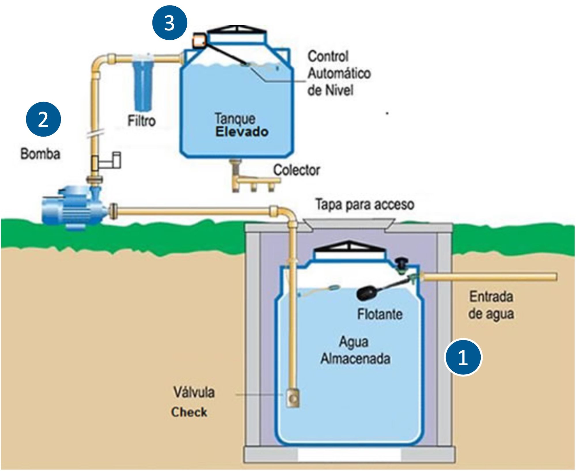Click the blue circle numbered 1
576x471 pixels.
point(463,358)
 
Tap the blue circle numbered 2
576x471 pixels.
point(43,119)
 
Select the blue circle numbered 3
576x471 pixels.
point(170,23)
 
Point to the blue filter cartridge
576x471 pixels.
point(142,83)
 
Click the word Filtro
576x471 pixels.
point(141,121)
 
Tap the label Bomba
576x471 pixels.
point(40,154)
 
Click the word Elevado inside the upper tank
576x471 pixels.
point(242,132)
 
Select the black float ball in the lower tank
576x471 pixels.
point(366,293)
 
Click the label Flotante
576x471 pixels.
point(380,314)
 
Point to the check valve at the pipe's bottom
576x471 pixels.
point(293,398)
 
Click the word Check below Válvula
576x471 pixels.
point(189,412)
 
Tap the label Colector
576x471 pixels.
point(296,170)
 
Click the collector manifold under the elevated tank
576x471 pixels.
point(253,181)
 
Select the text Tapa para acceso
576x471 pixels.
point(365,204)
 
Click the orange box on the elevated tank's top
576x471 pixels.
point(199,40)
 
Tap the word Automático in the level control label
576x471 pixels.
point(339,73)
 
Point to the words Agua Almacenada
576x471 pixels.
point(355,350)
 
